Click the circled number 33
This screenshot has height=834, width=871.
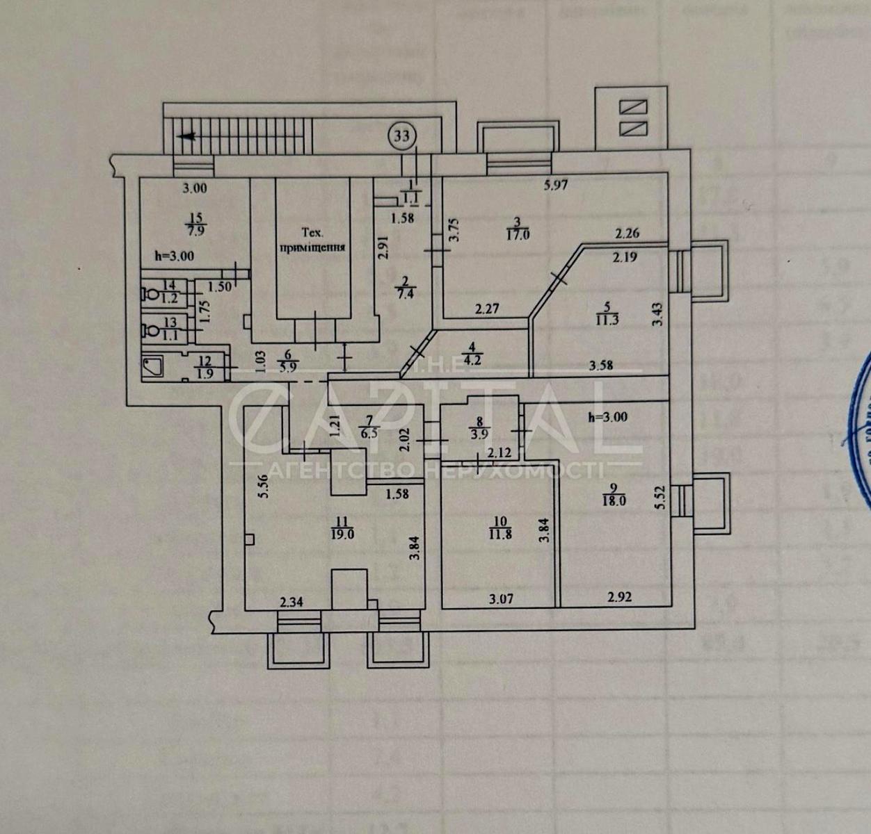pos(402,135)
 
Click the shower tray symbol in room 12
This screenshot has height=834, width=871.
pos(153,366)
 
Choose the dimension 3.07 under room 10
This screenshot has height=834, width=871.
pos(501,598)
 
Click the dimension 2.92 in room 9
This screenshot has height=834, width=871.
pos(619,596)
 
